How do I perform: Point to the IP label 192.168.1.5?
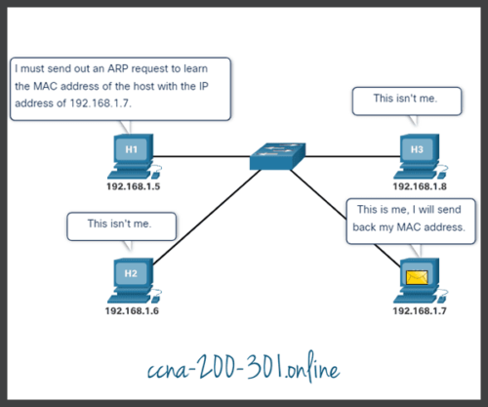(x=132, y=183)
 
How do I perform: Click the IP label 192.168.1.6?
(x=132, y=310)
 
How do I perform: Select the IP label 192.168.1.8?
(x=417, y=183)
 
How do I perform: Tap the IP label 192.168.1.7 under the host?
(x=417, y=310)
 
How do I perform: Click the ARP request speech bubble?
(x=120, y=88)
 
